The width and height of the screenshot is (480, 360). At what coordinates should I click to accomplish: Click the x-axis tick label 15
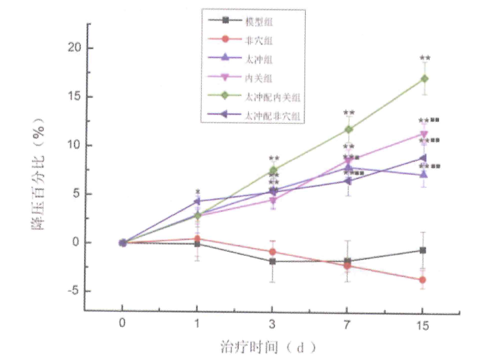(x=422, y=325)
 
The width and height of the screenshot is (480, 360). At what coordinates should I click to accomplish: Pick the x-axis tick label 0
(x=122, y=325)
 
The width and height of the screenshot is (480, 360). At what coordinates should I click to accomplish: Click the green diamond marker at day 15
(x=423, y=78)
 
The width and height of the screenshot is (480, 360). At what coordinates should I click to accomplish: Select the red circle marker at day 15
(x=423, y=279)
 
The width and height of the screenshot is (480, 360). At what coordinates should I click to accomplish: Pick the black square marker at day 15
(x=423, y=250)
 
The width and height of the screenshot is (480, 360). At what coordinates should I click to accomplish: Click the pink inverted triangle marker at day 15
(x=423, y=134)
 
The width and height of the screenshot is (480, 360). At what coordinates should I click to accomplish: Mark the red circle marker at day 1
(x=197, y=238)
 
